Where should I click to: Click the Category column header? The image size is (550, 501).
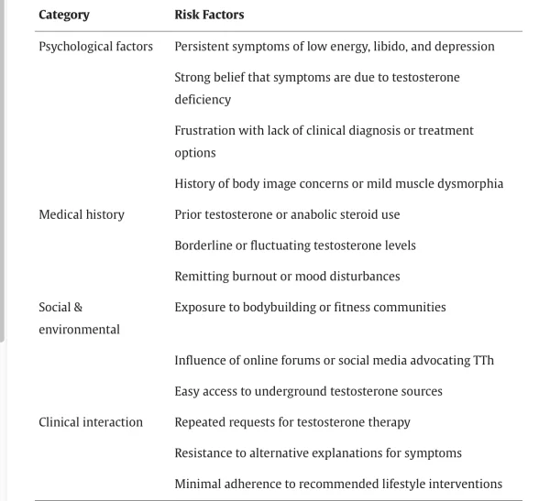click(64, 15)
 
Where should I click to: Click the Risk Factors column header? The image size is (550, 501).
click(209, 15)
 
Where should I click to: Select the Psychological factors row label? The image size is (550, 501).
click(95, 46)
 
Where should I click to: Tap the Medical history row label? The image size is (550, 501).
click(82, 214)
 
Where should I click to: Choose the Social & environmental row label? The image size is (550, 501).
click(79, 318)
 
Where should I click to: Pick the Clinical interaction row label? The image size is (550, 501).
click(91, 422)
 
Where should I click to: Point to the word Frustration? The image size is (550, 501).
click(206, 130)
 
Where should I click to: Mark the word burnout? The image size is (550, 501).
click(258, 276)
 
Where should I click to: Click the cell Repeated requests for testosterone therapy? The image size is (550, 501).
click(292, 422)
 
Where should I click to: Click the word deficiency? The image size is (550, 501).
click(203, 99)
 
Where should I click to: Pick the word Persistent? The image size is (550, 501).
click(205, 46)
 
